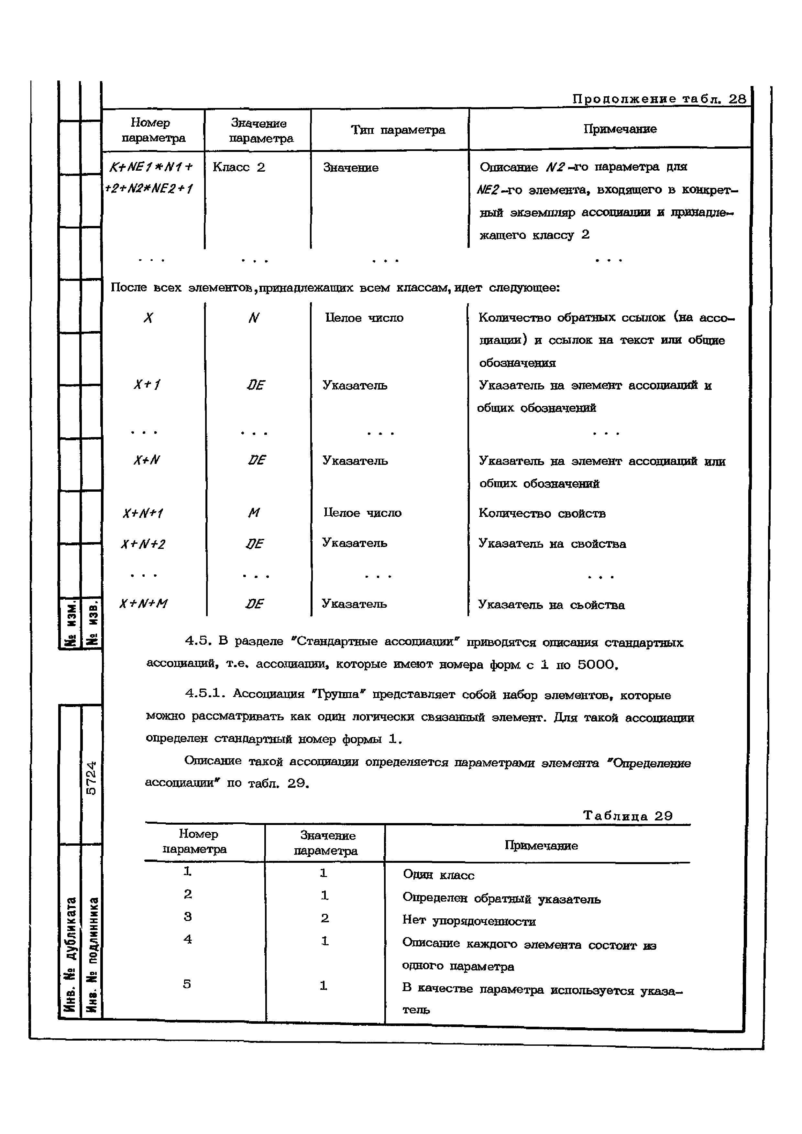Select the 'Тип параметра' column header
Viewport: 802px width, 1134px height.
click(398, 130)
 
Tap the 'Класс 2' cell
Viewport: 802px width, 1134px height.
click(239, 167)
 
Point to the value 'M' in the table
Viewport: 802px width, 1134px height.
click(254, 513)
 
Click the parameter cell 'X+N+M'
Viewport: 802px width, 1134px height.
click(144, 604)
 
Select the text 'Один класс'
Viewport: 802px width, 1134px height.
click(438, 875)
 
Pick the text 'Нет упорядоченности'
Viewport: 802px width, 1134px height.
click(469, 921)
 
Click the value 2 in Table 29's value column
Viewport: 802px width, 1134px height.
click(325, 918)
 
